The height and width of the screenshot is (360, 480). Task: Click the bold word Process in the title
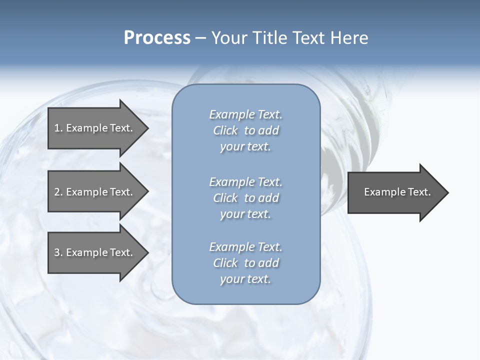click(157, 38)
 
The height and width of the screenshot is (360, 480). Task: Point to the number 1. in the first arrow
click(58, 128)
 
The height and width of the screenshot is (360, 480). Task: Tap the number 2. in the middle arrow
click(58, 192)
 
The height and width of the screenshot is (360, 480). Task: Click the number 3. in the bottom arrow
click(58, 252)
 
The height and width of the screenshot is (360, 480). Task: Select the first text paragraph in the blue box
click(245, 130)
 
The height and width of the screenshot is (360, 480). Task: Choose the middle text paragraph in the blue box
click(245, 198)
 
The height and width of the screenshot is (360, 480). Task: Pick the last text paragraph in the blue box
click(245, 263)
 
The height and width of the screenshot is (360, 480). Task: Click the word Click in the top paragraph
click(225, 130)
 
